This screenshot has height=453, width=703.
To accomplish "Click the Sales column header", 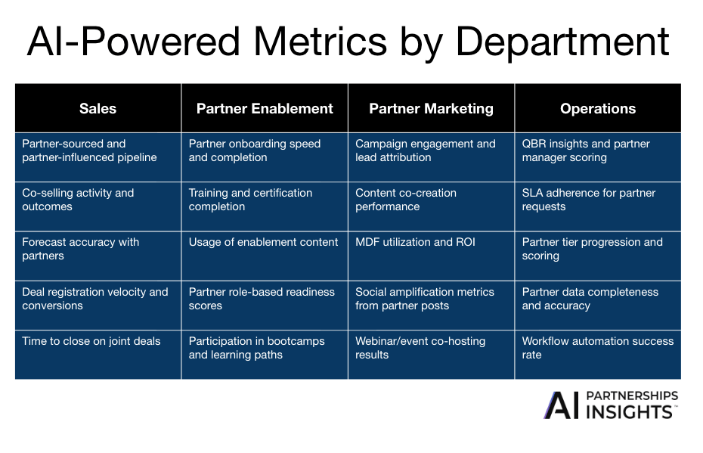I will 98,108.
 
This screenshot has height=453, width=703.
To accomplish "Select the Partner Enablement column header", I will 265,108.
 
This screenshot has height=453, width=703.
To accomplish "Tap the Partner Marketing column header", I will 431,108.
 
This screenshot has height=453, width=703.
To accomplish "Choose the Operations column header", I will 598,108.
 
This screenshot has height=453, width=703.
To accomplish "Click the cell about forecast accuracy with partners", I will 98,256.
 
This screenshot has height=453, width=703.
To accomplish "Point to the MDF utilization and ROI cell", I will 431,256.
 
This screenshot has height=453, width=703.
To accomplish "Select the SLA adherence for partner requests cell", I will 598,206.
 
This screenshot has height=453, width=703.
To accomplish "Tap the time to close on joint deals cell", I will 98,354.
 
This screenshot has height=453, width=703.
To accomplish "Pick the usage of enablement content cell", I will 265,256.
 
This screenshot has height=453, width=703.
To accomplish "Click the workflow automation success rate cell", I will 598,354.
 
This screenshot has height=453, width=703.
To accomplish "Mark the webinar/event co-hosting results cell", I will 431,354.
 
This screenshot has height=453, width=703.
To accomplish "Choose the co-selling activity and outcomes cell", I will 98,206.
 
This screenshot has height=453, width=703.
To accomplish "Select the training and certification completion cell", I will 265,206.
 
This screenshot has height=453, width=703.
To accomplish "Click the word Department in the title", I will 562,42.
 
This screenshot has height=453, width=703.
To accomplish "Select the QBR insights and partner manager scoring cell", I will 598,157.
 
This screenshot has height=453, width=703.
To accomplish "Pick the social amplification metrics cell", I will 431,305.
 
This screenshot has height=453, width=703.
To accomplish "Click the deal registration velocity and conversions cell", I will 98,305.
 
